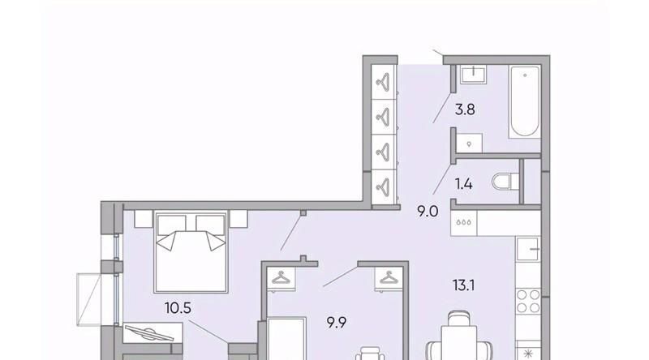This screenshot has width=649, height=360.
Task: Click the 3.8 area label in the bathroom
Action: (x=465, y=110)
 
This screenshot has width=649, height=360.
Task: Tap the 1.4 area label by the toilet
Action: (x=463, y=184)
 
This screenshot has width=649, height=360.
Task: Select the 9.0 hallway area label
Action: (x=428, y=212)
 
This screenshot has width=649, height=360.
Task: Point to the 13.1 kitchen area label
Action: (x=463, y=285)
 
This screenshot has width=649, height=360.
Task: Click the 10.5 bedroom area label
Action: (x=178, y=308)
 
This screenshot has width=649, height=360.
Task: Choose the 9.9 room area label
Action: (x=337, y=323)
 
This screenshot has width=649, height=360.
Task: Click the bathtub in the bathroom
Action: (x=525, y=101)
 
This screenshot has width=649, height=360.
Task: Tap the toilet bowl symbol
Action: (x=505, y=182)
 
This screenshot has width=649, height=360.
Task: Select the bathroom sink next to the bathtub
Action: (x=473, y=74)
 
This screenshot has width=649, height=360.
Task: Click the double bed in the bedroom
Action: (x=191, y=251)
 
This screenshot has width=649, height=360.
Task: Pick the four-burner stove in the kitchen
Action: (x=529, y=301)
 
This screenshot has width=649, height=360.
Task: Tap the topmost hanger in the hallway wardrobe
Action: (x=383, y=82)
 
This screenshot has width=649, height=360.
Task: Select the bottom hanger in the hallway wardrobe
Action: (x=383, y=186)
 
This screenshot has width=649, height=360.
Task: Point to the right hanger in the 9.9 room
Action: (x=389, y=277)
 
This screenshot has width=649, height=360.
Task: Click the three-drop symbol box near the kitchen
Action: (x=463, y=223)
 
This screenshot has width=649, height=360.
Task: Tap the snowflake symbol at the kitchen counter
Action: (x=529, y=353)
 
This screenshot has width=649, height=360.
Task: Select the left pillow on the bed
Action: (x=171, y=233)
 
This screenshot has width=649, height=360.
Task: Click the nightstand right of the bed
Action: (x=239, y=218)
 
